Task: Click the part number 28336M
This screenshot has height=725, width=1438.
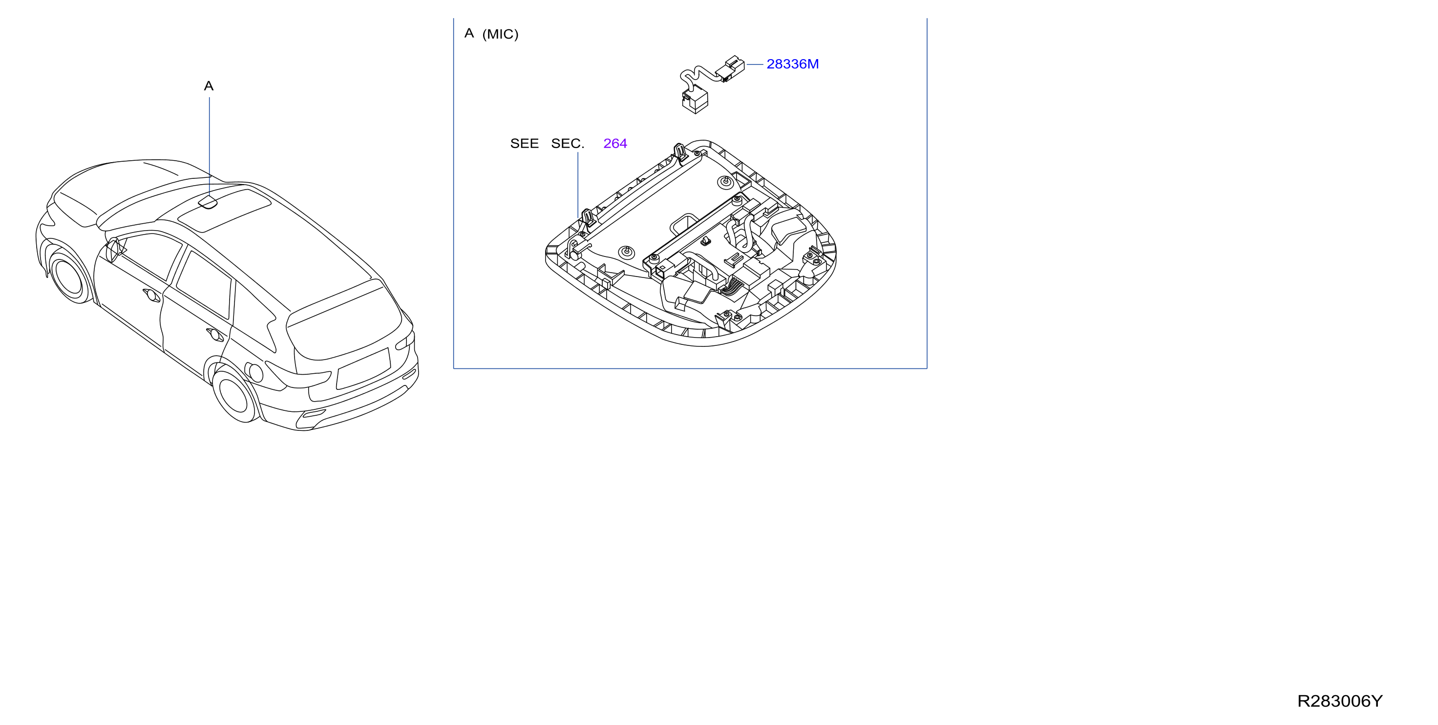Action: click(792, 64)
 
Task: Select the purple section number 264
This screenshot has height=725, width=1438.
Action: click(615, 144)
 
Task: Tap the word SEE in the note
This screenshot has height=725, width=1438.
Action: click(524, 144)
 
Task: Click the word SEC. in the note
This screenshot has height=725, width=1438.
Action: click(567, 144)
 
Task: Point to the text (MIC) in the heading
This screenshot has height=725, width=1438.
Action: click(500, 34)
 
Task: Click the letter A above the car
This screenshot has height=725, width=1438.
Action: click(209, 86)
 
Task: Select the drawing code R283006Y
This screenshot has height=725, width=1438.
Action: click(1340, 701)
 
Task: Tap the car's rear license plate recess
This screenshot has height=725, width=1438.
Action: click(363, 369)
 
